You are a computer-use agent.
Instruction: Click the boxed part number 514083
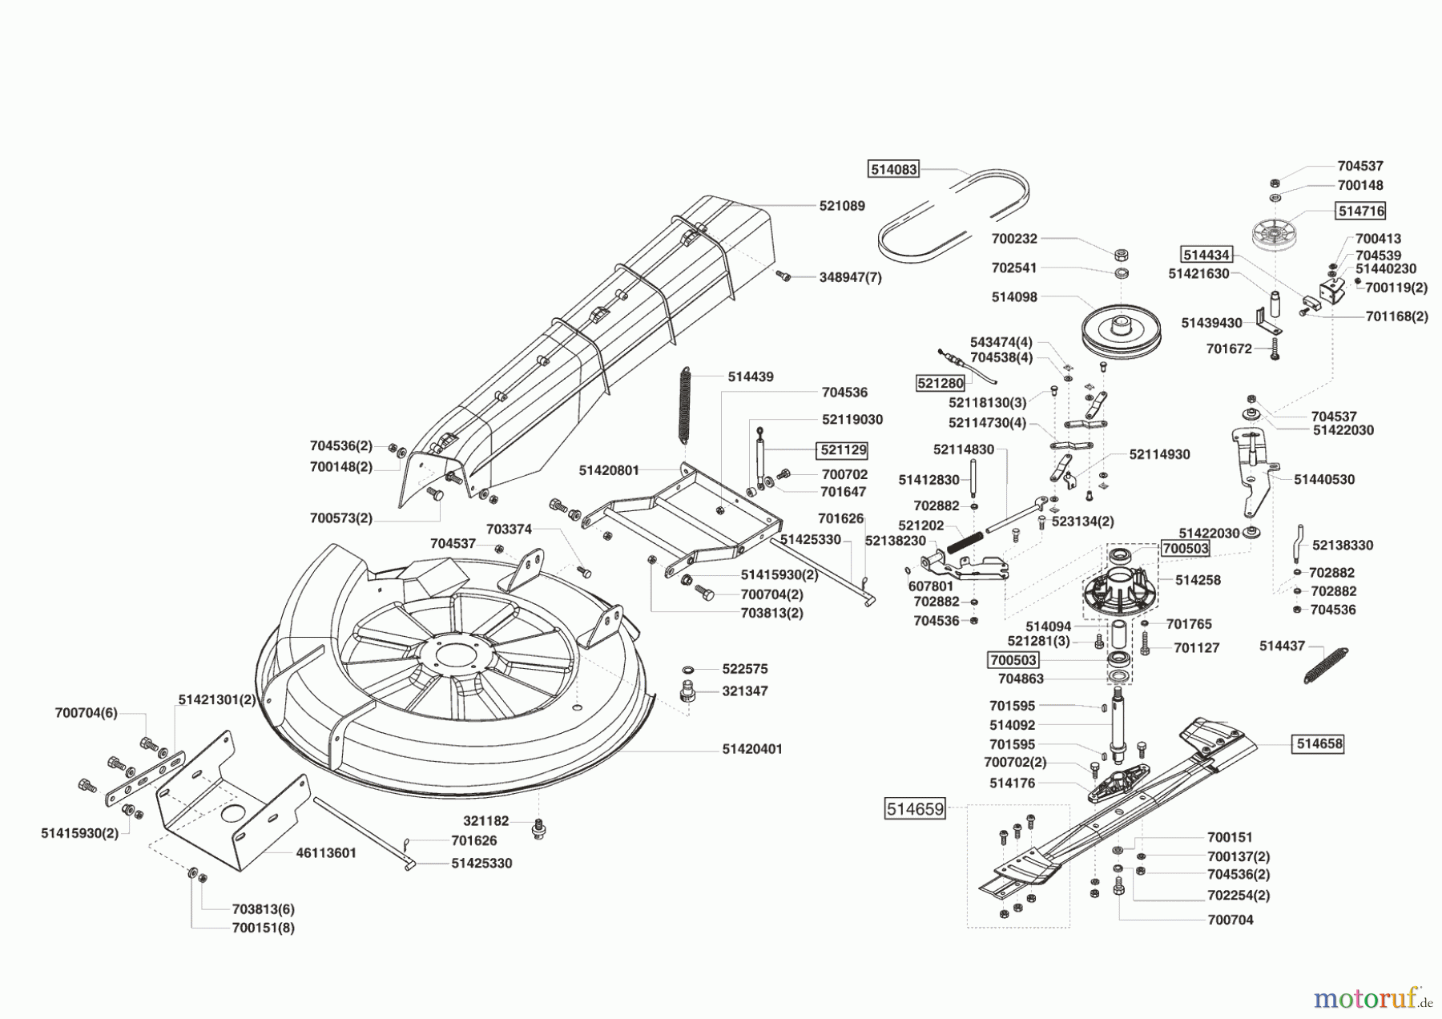(x=893, y=169)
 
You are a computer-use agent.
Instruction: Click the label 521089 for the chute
(x=842, y=206)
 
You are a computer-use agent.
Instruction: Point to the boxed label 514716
(x=1360, y=211)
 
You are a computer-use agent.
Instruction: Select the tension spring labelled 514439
(x=685, y=405)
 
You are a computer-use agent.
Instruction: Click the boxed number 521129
(x=842, y=450)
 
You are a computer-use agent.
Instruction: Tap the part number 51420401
(x=752, y=749)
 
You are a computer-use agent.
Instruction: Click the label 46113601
(x=326, y=853)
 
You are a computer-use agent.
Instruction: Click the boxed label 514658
(x=1319, y=743)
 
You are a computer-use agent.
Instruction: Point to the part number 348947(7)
(x=850, y=277)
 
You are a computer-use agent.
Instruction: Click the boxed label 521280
(x=940, y=383)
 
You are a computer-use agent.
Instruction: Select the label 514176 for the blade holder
(x=1012, y=783)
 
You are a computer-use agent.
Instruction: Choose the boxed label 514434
(x=1206, y=255)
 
